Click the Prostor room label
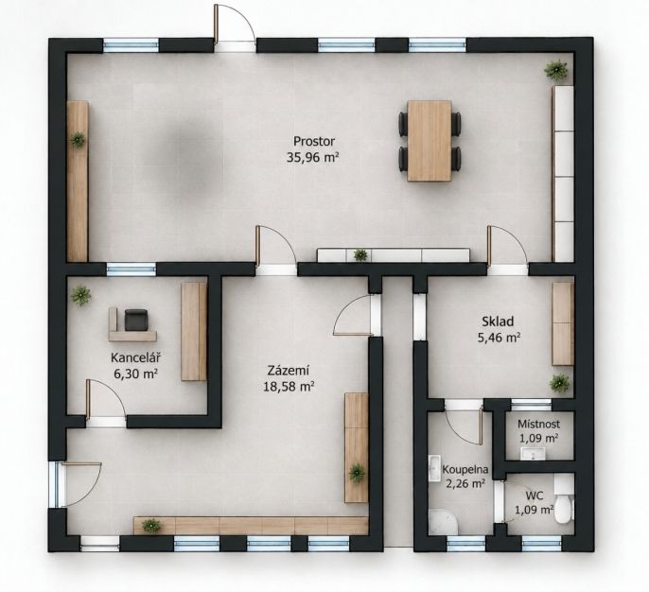(314, 142)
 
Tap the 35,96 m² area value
(313, 157)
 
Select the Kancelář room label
(136, 357)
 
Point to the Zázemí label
(289, 371)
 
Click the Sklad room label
(498, 322)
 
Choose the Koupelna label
(465, 470)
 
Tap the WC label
(534, 496)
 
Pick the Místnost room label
(538, 424)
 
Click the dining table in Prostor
(430, 141)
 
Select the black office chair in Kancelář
(136, 321)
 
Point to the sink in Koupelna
(434, 468)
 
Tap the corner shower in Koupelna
(444, 522)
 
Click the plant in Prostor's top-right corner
(555, 70)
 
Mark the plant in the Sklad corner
(560, 384)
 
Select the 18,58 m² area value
(289, 387)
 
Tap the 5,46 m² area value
(499, 338)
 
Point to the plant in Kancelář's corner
(80, 295)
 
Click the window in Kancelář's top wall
(132, 270)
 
